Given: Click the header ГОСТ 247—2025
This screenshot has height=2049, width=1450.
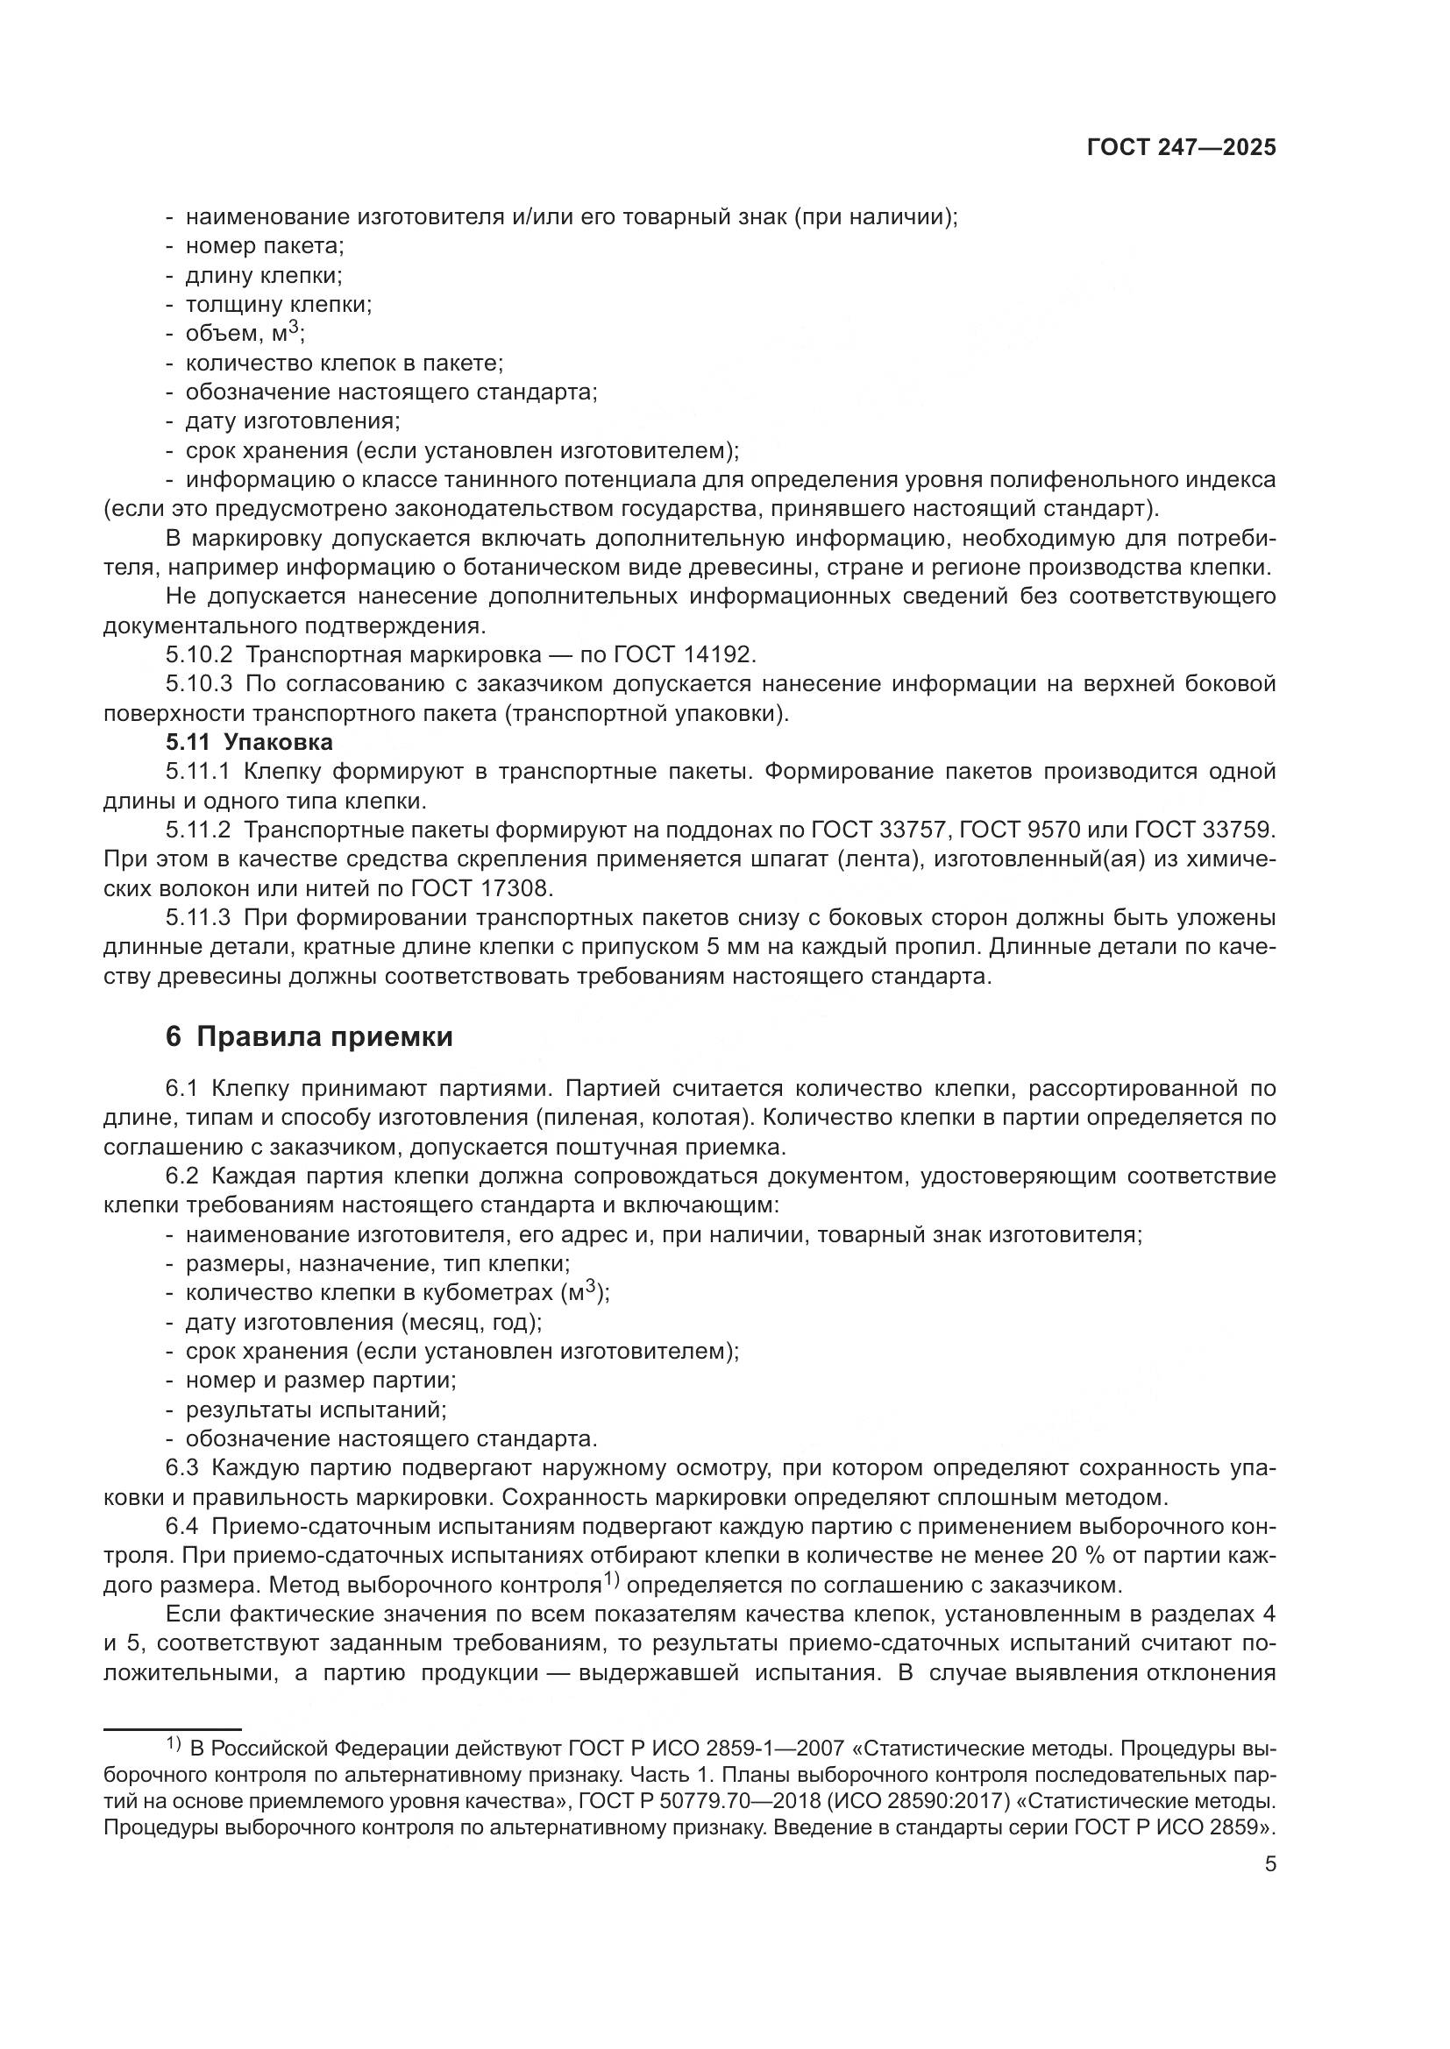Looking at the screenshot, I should click(1181, 148).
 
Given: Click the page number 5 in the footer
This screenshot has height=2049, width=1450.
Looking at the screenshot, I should click(1270, 1864).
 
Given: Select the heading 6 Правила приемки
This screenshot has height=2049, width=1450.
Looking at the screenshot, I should click(309, 1037).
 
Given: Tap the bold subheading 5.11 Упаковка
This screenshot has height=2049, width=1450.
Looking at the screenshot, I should click(249, 743).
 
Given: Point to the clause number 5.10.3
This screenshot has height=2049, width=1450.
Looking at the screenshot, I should click(198, 684).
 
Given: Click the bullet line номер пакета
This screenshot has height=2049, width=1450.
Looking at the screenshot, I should click(264, 246).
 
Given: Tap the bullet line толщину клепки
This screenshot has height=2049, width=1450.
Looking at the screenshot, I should click(278, 305).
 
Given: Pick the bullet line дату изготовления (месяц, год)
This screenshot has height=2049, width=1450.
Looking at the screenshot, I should click(364, 1323).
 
